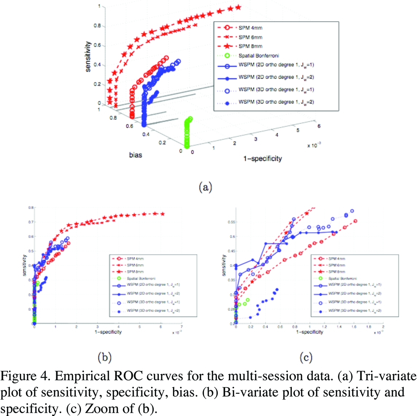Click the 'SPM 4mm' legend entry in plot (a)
(x=250, y=28)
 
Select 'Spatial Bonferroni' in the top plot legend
(x=259, y=55)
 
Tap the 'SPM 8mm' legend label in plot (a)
(x=250, y=46)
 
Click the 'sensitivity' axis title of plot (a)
(x=88, y=56)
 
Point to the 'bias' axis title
(x=136, y=155)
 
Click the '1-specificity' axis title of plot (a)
(x=262, y=158)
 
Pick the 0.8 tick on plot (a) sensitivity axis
(x=97, y=26)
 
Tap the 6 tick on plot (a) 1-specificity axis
(x=319, y=126)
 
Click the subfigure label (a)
(x=205, y=187)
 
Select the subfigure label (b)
(x=104, y=357)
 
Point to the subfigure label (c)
(x=306, y=357)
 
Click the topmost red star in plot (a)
(x=238, y=7)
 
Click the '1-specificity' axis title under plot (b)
(x=108, y=332)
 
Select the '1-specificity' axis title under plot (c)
(x=309, y=332)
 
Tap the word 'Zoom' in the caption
(x=100, y=409)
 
